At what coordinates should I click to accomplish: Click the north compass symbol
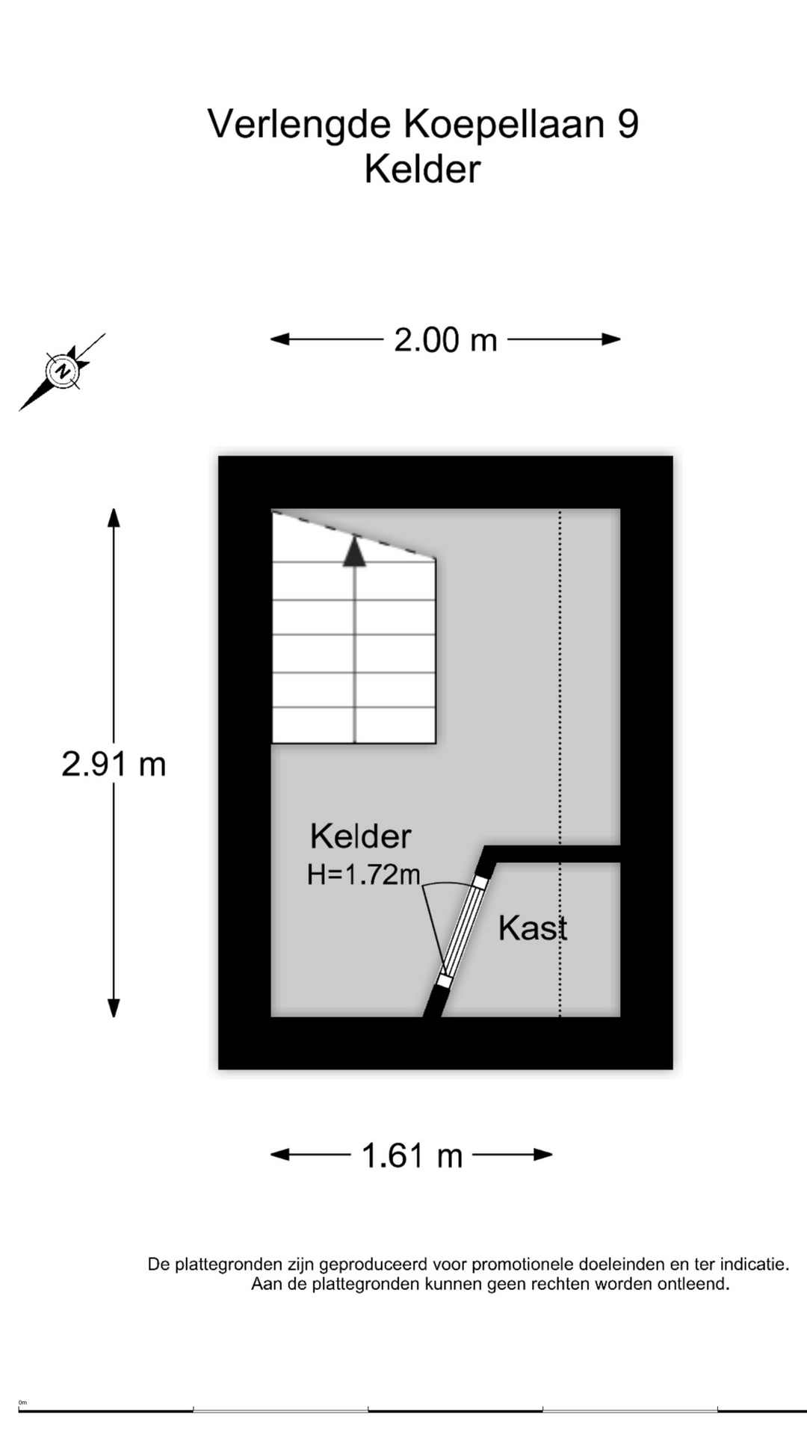pyautogui.click(x=62, y=371)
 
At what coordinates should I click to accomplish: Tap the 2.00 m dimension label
pyautogui.click(x=445, y=340)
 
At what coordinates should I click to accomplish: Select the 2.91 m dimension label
pyautogui.click(x=114, y=764)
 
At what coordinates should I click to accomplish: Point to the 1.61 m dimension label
pyautogui.click(x=412, y=1155)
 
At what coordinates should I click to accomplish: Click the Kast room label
pyautogui.click(x=533, y=928)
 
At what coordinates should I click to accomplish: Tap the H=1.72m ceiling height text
pyautogui.click(x=364, y=874)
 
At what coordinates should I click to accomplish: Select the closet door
pyautogui.click(x=462, y=932)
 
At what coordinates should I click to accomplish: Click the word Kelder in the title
pyautogui.click(x=422, y=169)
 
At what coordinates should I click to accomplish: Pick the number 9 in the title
pyautogui.click(x=628, y=123)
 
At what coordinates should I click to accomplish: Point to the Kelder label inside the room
pyautogui.click(x=361, y=836)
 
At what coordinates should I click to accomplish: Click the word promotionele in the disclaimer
pyautogui.click(x=524, y=1265)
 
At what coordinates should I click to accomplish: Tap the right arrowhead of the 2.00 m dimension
pyautogui.click(x=611, y=339)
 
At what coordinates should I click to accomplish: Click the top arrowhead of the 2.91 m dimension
pyautogui.click(x=114, y=518)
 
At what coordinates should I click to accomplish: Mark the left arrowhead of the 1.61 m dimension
pyautogui.click(x=279, y=1155)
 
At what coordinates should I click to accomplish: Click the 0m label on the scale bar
pyautogui.click(x=22, y=1402)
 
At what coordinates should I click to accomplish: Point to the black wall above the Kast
pyautogui.click(x=553, y=854)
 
